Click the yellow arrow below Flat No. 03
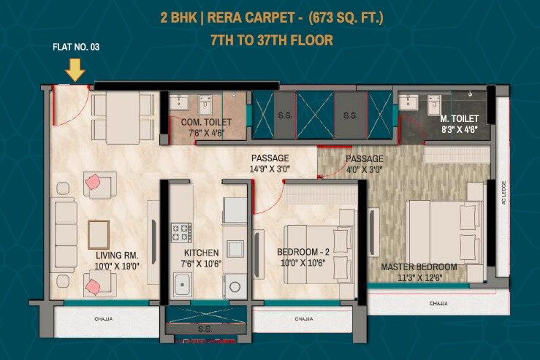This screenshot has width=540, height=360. coord(75,69)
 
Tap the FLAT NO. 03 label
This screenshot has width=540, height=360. coord(76,47)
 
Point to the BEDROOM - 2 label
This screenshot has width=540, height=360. coord(303,253)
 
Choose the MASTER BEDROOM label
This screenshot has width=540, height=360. coord(419,267)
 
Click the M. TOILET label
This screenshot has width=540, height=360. coord(459,118)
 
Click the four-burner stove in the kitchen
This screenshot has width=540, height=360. coord(181,232)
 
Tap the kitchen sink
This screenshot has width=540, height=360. coord(181,282)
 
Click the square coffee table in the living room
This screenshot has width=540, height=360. coord(99,234)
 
